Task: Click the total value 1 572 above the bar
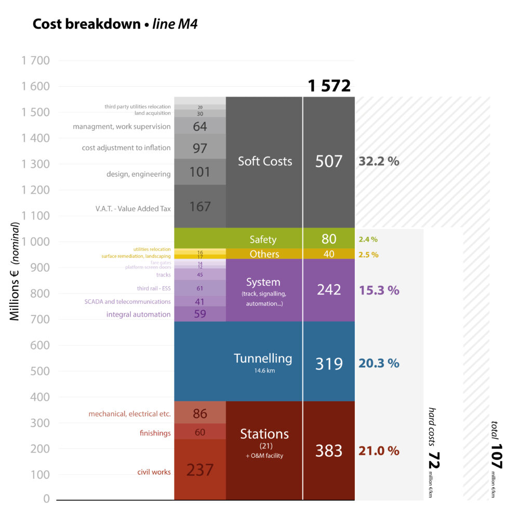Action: click(329, 86)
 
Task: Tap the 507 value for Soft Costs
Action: click(329, 161)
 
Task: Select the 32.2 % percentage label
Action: click(379, 161)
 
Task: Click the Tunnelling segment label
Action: click(263, 359)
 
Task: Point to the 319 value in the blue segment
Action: click(329, 363)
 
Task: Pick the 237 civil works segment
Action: click(200, 470)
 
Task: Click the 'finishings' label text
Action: click(155, 433)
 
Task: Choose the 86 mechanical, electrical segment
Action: click(200, 414)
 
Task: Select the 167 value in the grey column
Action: click(200, 207)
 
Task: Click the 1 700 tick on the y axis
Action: click(36, 61)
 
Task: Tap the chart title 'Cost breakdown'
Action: click(86, 24)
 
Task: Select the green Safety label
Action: click(263, 240)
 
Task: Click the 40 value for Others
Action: click(329, 254)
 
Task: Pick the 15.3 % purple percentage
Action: click(379, 290)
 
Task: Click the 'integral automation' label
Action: click(138, 314)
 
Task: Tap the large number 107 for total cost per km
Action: click(496, 456)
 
